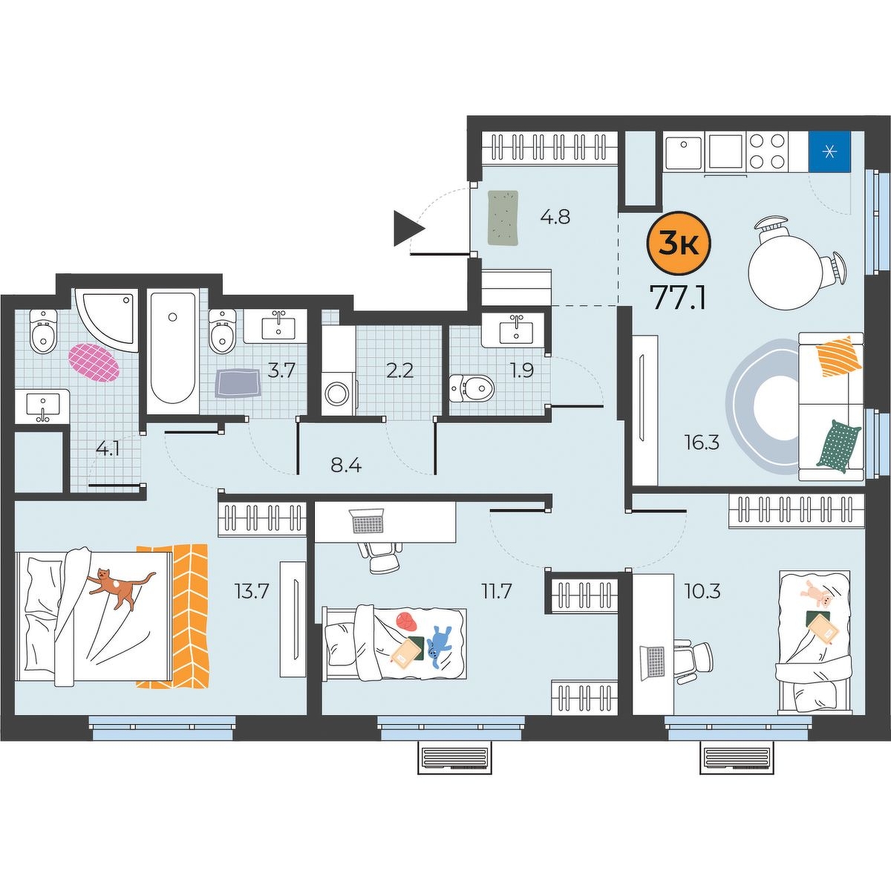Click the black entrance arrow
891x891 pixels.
pyautogui.click(x=408, y=229)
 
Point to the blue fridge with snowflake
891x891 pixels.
pyautogui.click(x=830, y=151)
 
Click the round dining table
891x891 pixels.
pyautogui.click(x=781, y=275)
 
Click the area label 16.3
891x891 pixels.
pyautogui.click(x=703, y=444)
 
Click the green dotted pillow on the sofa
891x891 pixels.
pyautogui.click(x=838, y=446)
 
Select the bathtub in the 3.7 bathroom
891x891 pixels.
pyautogui.click(x=172, y=352)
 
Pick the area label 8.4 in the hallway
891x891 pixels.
pyautogui.click(x=346, y=466)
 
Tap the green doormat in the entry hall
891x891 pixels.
pyautogui.click(x=503, y=218)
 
